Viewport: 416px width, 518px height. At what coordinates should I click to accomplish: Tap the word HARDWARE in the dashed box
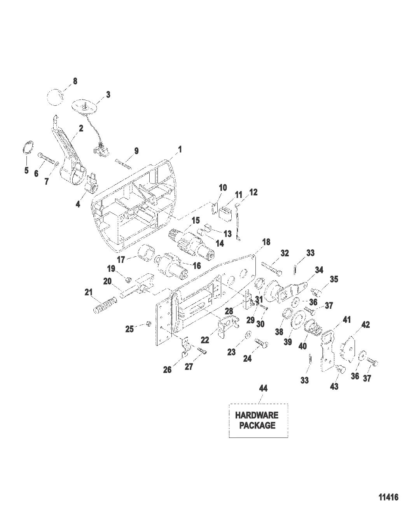point(257,415)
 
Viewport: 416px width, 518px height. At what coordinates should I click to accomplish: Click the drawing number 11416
point(388,498)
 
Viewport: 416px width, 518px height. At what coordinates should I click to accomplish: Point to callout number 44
point(263,388)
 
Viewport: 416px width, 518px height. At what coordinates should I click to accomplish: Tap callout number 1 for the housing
point(180,149)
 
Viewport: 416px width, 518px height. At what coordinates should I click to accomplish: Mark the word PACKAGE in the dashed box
point(257,425)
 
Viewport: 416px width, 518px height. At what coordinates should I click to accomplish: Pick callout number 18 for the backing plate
point(266,242)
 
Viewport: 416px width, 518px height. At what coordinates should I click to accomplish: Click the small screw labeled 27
point(203,350)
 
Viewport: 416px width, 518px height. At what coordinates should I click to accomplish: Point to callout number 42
point(365,324)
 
